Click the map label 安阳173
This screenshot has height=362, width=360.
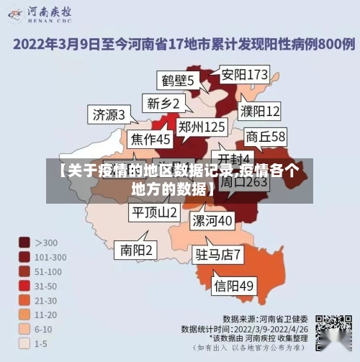tap(244, 74)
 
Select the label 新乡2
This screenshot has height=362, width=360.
tap(163, 104)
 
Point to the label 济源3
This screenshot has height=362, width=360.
tap(109, 114)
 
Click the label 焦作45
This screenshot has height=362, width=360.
tap(150, 138)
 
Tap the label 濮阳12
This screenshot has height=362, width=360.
tap(260, 112)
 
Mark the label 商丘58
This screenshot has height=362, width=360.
tap(266, 136)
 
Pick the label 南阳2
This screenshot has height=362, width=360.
tap(137, 250)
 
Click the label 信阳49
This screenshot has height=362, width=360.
tap(235, 286)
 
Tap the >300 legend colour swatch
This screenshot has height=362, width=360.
tap(25, 243)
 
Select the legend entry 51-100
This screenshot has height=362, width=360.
tap(25, 271)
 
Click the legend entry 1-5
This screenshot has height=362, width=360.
tap(25, 343)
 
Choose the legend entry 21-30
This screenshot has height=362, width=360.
tap(25, 300)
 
